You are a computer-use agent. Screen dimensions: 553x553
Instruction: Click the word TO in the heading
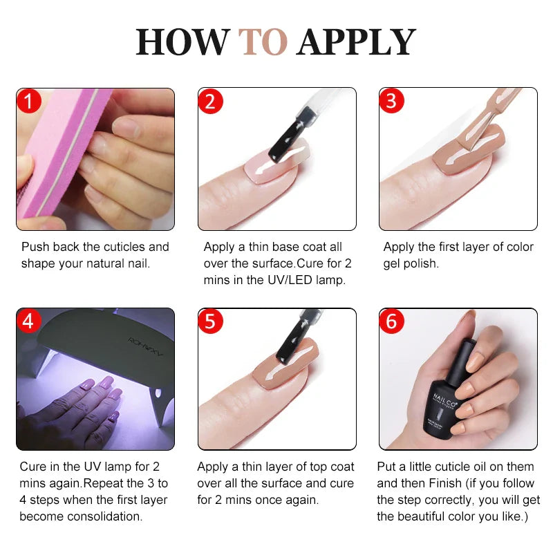pyautogui.click(x=263, y=42)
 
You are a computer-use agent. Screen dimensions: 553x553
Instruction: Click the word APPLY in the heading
pyautogui.click(x=356, y=42)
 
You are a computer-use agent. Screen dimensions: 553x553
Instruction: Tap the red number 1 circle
pyautogui.click(x=29, y=102)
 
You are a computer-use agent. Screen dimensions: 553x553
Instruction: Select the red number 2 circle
pyautogui.click(x=211, y=102)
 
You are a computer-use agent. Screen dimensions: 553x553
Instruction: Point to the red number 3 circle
pyautogui.click(x=391, y=102)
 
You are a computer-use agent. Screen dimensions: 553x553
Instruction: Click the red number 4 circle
pyautogui.click(x=29, y=322)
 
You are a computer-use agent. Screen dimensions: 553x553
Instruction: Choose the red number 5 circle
pyautogui.click(x=211, y=322)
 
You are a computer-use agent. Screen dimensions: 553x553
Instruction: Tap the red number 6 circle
pyautogui.click(x=391, y=322)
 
